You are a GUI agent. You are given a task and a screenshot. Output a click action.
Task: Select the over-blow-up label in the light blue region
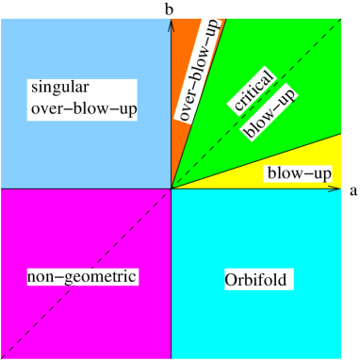point(83,109)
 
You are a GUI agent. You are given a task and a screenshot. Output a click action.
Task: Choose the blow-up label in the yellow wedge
point(299,173)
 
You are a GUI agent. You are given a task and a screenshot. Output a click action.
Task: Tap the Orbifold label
point(254,280)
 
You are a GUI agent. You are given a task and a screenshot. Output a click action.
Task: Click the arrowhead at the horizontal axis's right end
point(335,188)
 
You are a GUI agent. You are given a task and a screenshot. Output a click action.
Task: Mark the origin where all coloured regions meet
point(171,188)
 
